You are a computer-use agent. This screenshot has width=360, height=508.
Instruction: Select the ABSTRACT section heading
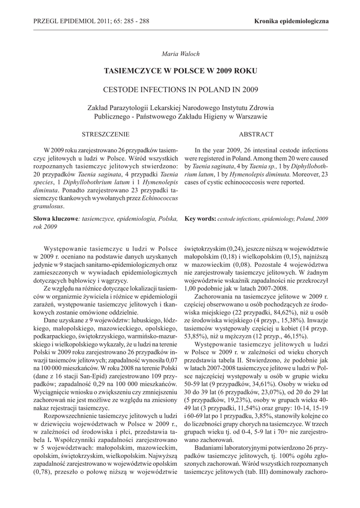pos(256,134)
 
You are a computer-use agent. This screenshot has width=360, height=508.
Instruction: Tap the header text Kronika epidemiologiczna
pos(291,21)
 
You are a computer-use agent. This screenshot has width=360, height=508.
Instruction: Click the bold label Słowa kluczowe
pos(54,218)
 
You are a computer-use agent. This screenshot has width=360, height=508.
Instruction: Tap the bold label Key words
pos(200,218)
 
